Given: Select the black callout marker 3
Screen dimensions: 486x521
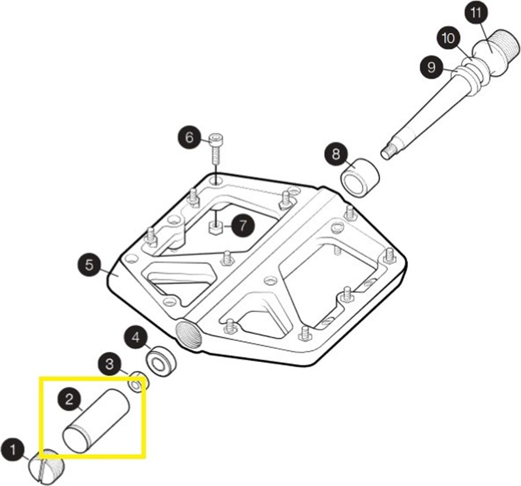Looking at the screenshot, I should click(110, 364).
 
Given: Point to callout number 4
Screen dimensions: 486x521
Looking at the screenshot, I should click(136, 337).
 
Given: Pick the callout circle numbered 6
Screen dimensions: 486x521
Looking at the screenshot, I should click(189, 137).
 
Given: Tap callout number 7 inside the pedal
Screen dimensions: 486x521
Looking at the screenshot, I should click(243, 225).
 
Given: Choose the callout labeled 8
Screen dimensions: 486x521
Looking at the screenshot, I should click(336, 154).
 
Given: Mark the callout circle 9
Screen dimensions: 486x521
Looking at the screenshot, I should click(431, 67).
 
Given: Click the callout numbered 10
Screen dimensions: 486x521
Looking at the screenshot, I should click(449, 38).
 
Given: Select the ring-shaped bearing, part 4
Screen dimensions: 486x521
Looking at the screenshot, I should click(161, 359).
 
